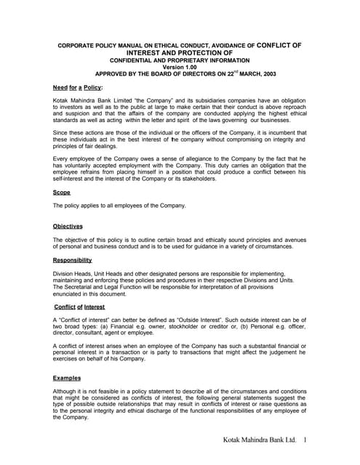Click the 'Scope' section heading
[x=61, y=193]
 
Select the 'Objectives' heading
[x=68, y=226]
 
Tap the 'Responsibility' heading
[x=72, y=259]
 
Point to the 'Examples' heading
[x=67, y=378]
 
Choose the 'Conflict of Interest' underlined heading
[x=79, y=307]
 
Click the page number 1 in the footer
[x=306, y=440]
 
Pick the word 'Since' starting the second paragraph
[x=60, y=133]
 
